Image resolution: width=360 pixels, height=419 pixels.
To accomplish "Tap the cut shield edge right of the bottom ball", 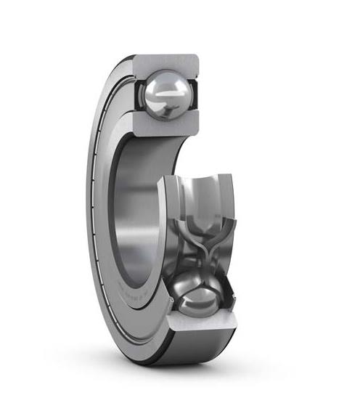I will click(x=228, y=290).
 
